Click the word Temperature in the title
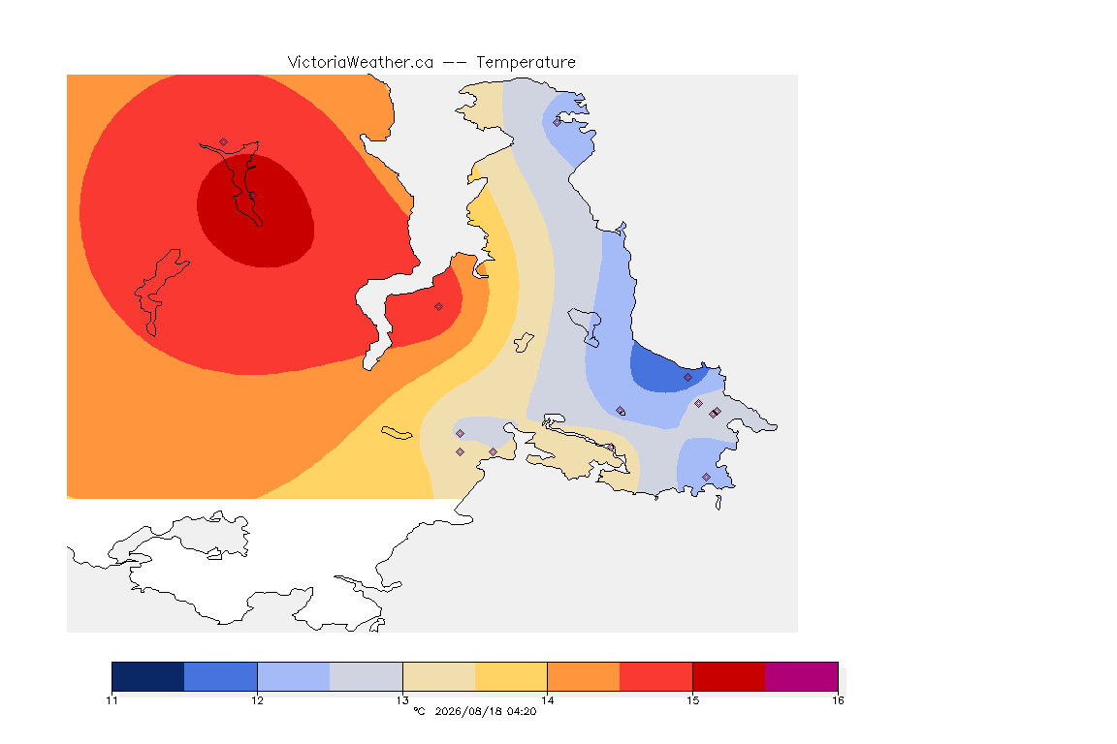coord(526,63)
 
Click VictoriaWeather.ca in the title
coord(361,63)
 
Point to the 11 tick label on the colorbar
coord(112,700)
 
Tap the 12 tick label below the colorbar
coord(257,700)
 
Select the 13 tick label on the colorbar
coord(402,700)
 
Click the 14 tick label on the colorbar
coord(547,700)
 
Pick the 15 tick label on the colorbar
coord(692,700)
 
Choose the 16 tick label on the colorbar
coord(838,700)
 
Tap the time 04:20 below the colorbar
coord(522,711)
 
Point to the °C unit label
coord(419,711)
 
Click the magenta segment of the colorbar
coord(802,676)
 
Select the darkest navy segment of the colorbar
coord(148,676)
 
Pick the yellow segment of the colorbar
coord(511,676)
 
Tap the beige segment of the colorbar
coord(439,676)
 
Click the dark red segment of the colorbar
coord(729,676)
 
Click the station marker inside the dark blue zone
coord(687,378)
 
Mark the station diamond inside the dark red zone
coord(252,195)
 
